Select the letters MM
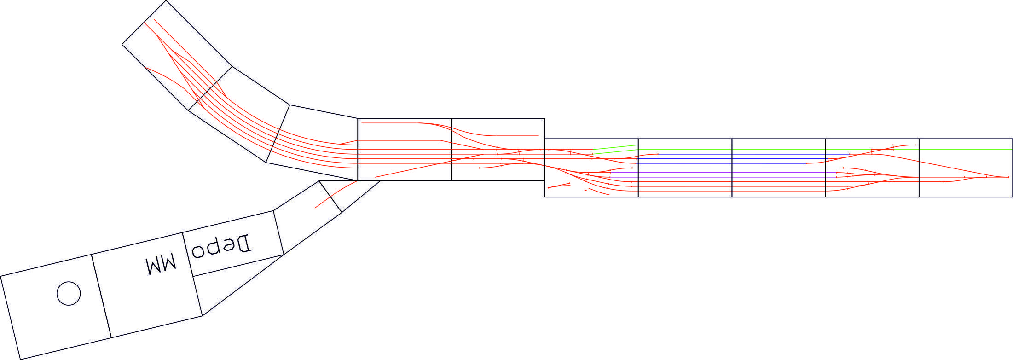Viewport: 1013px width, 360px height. click(x=161, y=264)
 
